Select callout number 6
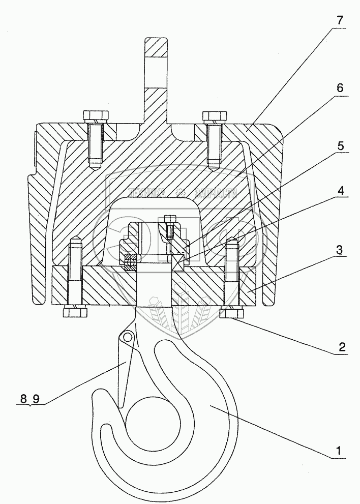tap(340, 87)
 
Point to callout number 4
tap(340, 191)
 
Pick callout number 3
tap(340, 250)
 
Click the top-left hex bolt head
tap(95, 116)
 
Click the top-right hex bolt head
tap(214, 116)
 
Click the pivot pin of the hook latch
tap(128, 336)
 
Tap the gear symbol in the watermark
tap(179, 192)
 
